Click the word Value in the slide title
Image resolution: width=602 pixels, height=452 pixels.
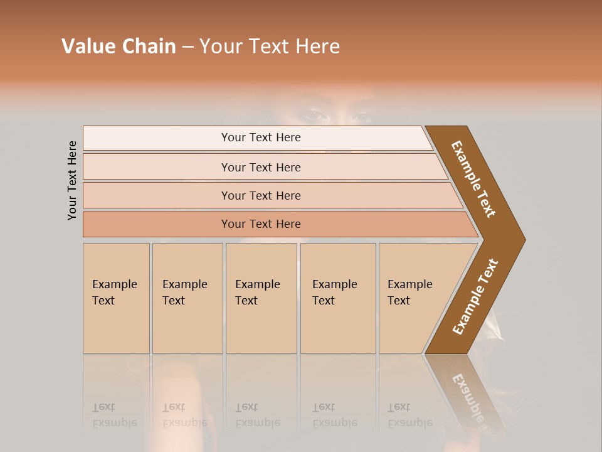(87, 46)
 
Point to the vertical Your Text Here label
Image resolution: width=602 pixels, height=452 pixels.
(72, 180)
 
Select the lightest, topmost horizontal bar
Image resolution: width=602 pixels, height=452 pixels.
(260, 137)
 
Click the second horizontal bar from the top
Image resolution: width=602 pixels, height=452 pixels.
(260, 167)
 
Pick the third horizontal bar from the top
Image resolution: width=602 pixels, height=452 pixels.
(260, 195)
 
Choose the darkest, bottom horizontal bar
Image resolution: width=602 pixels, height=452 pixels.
(260, 224)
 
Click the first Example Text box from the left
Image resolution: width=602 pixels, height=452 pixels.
(116, 298)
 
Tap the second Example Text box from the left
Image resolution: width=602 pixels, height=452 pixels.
(187, 298)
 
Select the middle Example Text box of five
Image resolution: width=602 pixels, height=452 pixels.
(261, 298)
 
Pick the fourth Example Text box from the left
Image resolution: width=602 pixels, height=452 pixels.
(337, 298)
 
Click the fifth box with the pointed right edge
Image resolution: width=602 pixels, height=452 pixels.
(414, 298)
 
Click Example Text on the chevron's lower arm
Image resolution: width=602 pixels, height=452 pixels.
(475, 297)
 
